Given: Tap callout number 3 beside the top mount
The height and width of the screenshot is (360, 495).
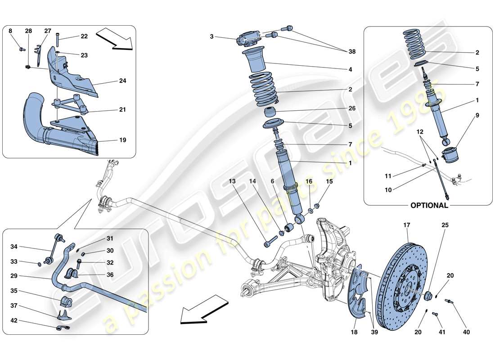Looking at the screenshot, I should point(211,37).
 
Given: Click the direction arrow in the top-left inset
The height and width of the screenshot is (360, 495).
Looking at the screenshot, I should point(115,38).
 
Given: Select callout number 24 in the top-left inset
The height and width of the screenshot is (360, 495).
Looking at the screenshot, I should point(122,81).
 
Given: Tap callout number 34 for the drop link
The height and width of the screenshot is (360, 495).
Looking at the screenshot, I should point(14,246).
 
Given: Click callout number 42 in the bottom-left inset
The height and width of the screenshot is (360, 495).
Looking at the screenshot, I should point(14,321).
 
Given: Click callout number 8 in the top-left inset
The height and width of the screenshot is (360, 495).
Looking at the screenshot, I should point(10,31).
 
